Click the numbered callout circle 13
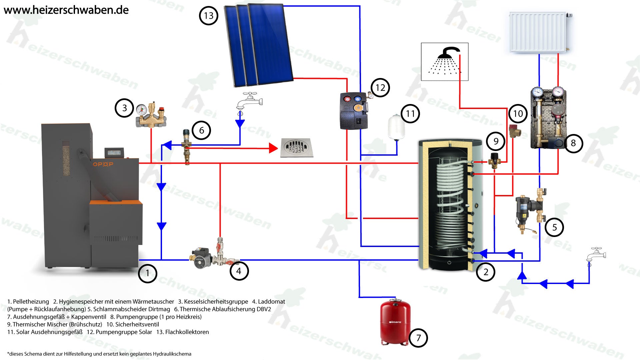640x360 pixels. pos(208,16)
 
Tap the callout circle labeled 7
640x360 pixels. pos(418,338)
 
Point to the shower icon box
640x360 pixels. pos(445,62)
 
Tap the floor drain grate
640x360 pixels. pos(296,147)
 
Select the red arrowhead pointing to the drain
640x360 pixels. pos(273,148)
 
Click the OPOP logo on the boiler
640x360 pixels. pos(103,164)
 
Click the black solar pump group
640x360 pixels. pos(354,110)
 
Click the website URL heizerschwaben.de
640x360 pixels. pos(66,10)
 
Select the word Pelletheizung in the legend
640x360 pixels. pos(31,302)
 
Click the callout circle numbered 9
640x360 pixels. pos(496,141)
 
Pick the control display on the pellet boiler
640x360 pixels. pos(115,153)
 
